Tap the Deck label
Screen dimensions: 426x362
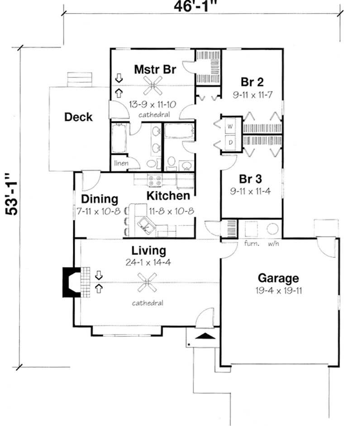[78, 117]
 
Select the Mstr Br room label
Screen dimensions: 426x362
[155, 70]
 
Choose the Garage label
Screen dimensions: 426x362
[278, 278]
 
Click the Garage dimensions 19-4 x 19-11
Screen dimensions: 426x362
[278, 290]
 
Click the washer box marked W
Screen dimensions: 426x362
[229, 126]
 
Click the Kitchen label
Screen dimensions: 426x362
[168, 196]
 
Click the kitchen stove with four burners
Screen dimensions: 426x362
[156, 179]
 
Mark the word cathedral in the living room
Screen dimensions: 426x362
[148, 303]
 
